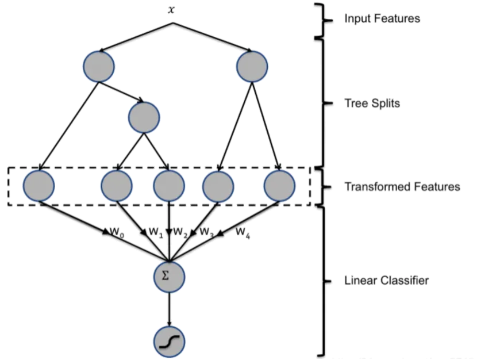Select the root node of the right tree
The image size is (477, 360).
(x=252, y=66)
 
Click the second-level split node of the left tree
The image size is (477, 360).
(x=144, y=117)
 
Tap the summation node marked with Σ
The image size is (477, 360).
(x=169, y=276)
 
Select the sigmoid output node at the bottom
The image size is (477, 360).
(x=169, y=342)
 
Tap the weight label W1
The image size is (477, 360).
(x=155, y=232)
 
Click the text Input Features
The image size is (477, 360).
(x=382, y=19)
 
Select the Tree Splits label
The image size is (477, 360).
(x=372, y=104)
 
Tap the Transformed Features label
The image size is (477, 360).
(x=402, y=187)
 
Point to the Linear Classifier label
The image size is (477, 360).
(x=386, y=281)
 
